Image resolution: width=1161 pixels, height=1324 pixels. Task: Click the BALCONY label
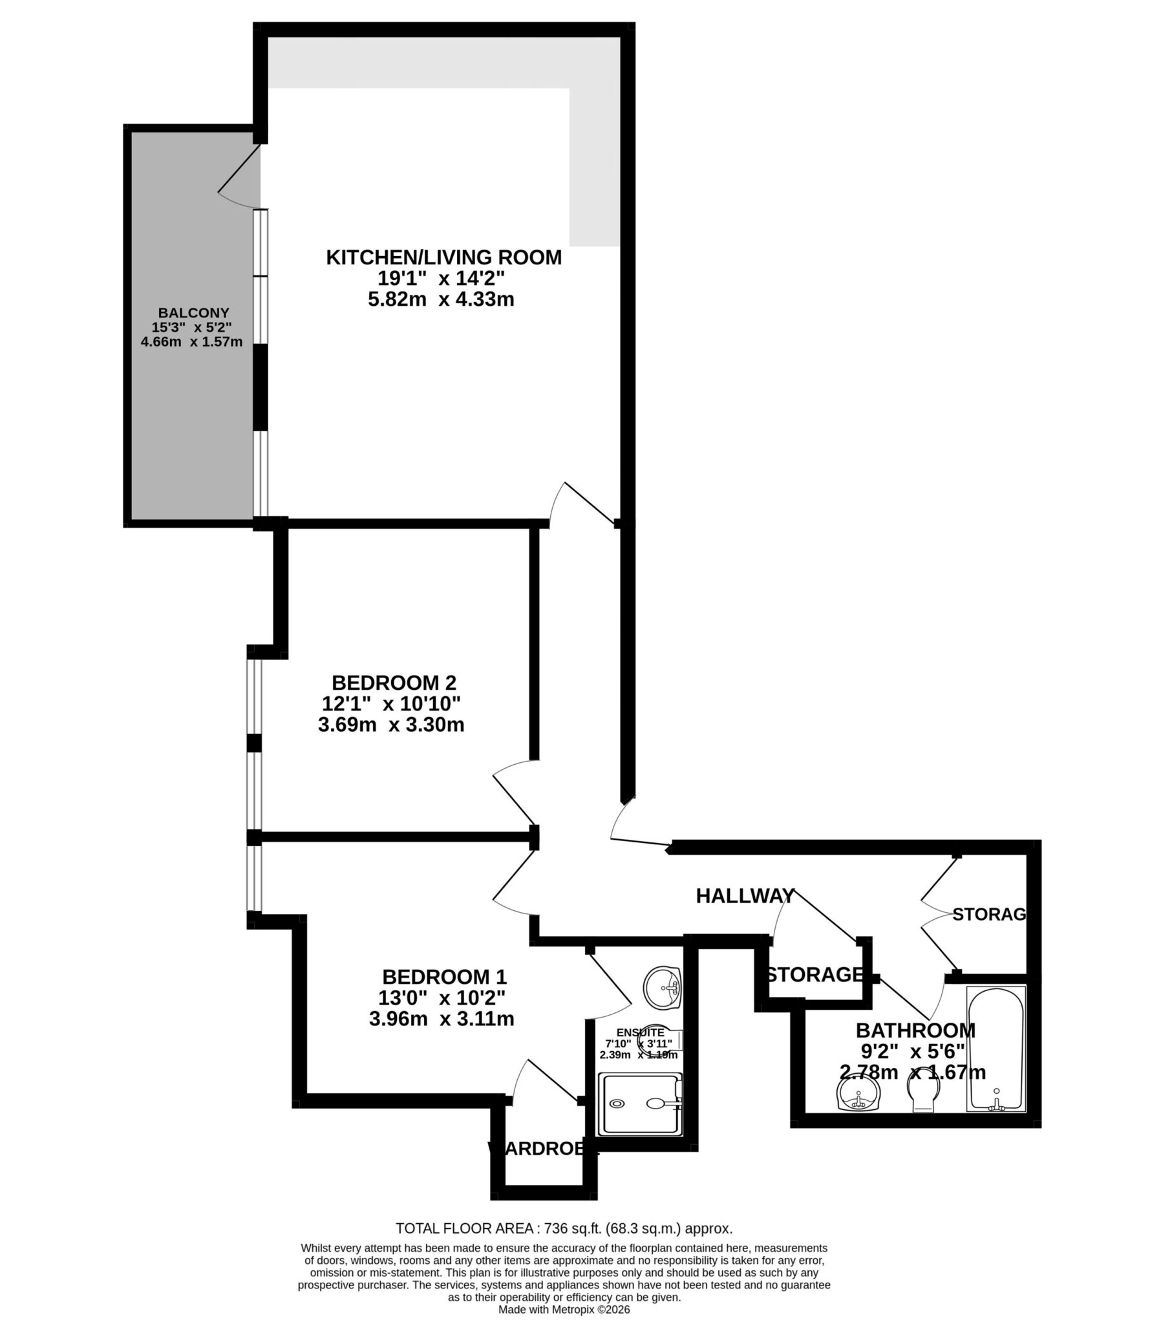[x=194, y=313]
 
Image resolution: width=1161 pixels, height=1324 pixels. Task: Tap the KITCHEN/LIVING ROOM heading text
[x=443, y=258]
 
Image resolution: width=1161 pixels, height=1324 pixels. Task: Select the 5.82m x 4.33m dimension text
[x=441, y=300]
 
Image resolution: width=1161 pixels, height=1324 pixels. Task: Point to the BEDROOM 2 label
[x=394, y=683]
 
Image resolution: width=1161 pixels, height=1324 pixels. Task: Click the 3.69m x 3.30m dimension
[x=390, y=725]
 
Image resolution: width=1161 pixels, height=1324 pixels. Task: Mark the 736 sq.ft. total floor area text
[x=564, y=1228]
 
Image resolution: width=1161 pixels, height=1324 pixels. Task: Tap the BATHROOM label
[x=915, y=1030]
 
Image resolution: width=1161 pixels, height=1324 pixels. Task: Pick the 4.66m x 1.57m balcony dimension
[x=192, y=341]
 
